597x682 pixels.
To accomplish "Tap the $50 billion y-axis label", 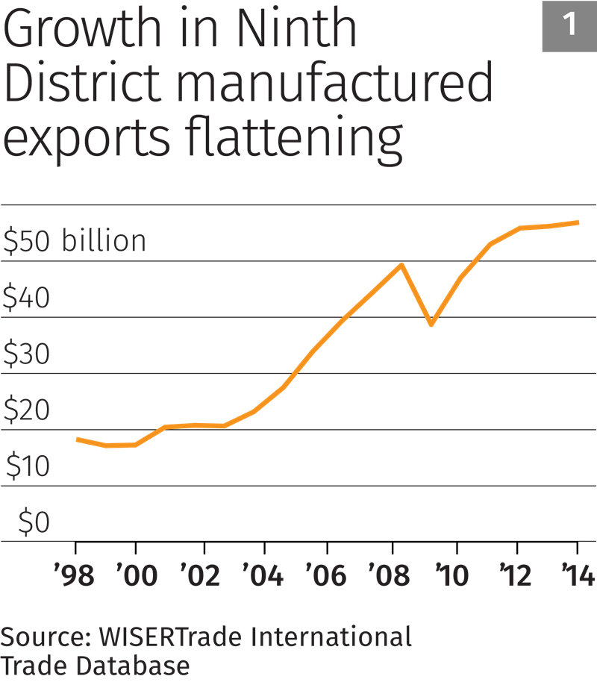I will tap(74, 242).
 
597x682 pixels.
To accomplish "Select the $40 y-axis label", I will tap(26, 298).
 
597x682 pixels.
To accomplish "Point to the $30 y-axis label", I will tap(26, 354).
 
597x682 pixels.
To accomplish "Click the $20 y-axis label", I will tap(26, 410).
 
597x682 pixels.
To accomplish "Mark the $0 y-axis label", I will tap(34, 523).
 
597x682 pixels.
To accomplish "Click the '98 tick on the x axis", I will tap(75, 576).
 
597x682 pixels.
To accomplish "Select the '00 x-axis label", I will tap(137, 576).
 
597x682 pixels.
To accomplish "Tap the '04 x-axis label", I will tap(263, 576).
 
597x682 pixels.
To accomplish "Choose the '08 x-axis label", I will tap(390, 576).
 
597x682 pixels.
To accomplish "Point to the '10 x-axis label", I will tap(451, 576).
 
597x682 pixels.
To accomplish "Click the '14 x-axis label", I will tap(577, 576).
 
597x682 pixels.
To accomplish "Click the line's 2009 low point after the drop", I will tap(431, 325).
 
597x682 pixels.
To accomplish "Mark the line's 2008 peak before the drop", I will tap(402, 264).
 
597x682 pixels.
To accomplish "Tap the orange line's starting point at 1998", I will tap(77, 439).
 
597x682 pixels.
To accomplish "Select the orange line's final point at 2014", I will tap(579, 222).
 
